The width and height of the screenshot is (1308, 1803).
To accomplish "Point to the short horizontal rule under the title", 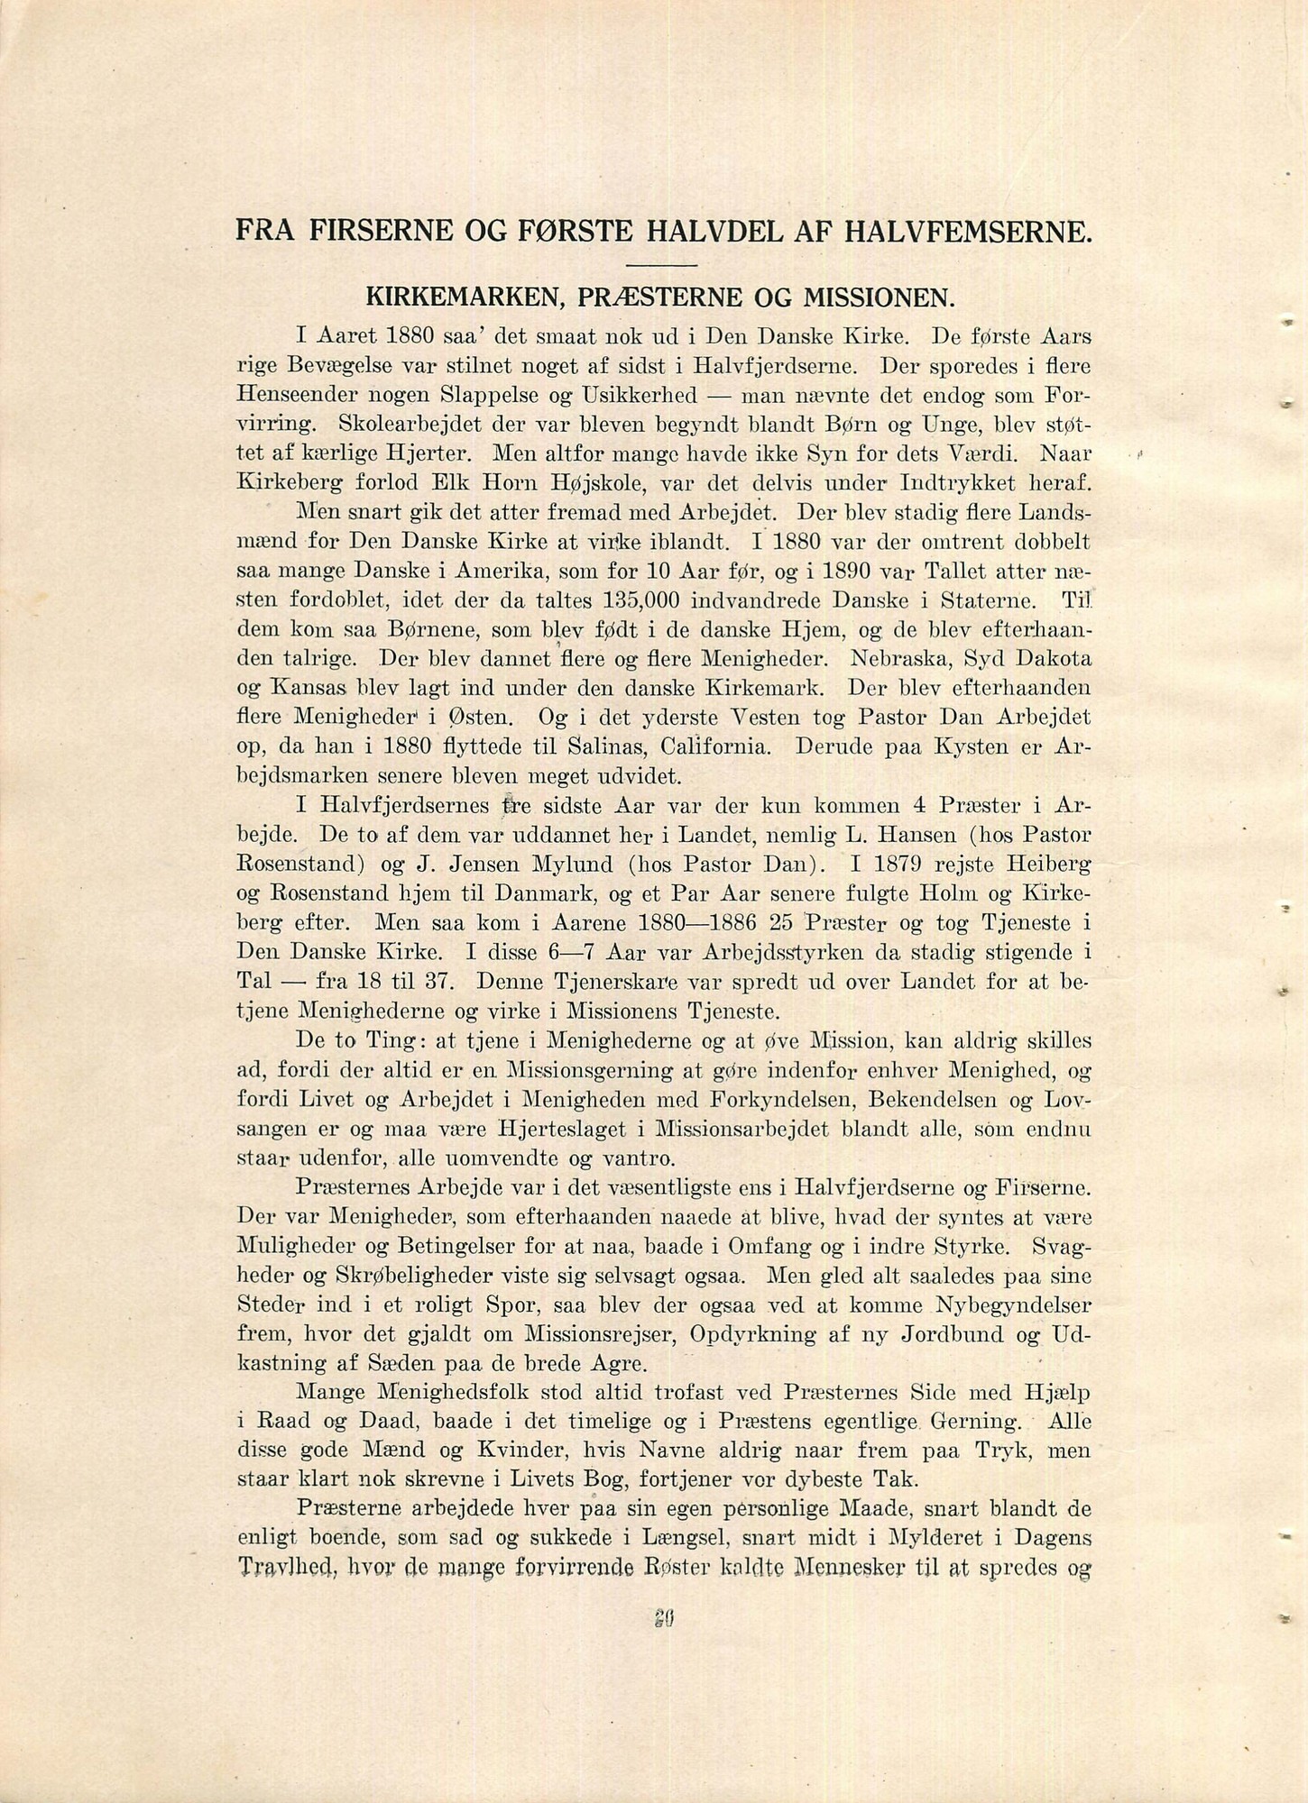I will [x=663, y=264].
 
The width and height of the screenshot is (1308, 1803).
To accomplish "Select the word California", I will [x=717, y=746].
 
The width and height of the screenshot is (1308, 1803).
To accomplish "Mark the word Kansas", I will [x=309, y=689].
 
